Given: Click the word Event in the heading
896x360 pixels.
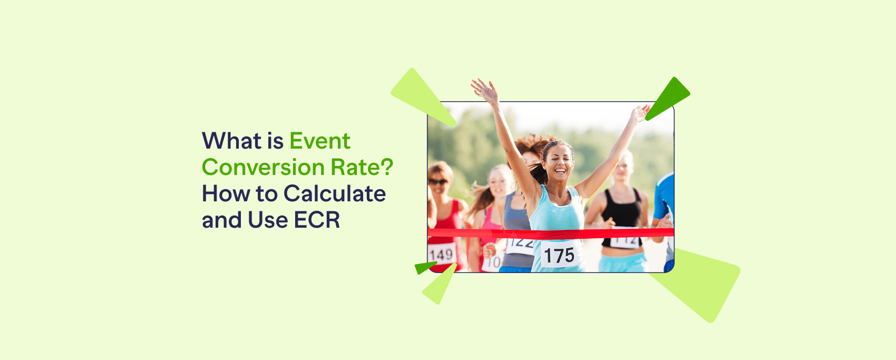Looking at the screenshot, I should (x=319, y=141).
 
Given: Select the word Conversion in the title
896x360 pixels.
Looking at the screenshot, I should (x=263, y=168).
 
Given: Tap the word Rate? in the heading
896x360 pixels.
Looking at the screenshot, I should (x=362, y=168).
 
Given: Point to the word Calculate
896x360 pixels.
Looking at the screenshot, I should (x=335, y=194).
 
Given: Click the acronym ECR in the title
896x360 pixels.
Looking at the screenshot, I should (x=317, y=220).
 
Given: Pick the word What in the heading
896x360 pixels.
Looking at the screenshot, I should (x=231, y=141).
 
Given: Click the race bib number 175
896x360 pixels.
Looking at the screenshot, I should (x=559, y=256).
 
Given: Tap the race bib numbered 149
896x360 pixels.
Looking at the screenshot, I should (x=441, y=255).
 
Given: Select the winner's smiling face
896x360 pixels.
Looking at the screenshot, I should (x=558, y=160).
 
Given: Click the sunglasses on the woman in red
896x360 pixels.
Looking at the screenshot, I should (x=437, y=182).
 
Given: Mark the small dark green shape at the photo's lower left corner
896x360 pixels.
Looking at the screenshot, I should (x=424, y=267).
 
